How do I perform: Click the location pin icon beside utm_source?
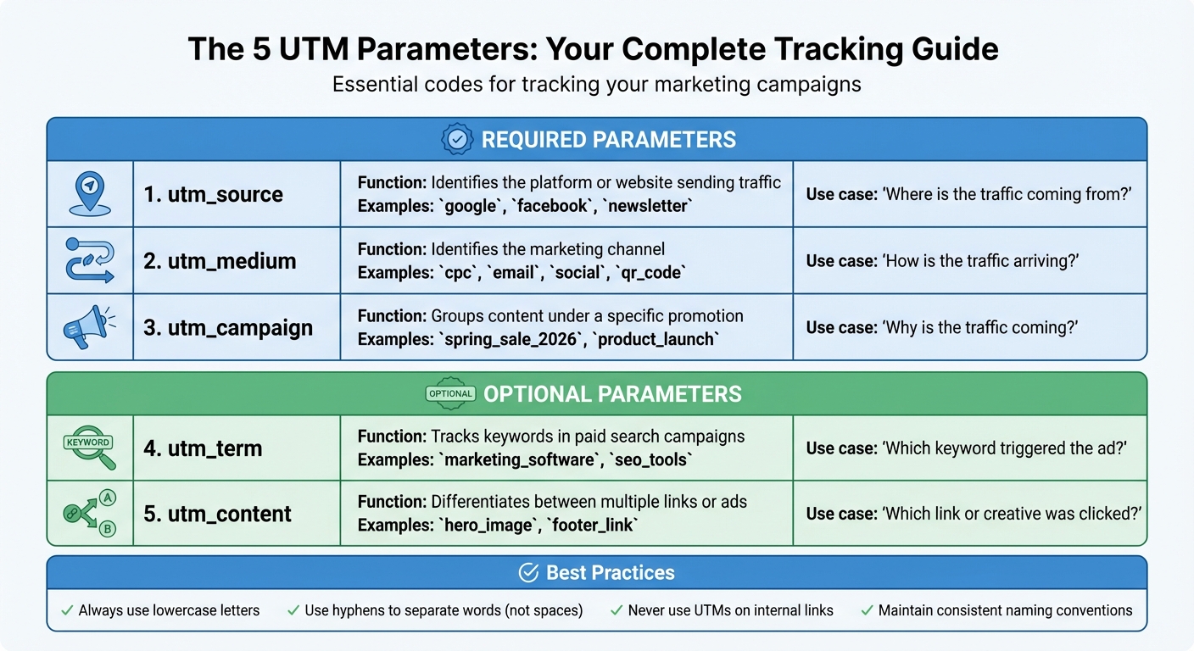(89, 194)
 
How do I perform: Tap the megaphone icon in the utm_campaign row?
(89, 327)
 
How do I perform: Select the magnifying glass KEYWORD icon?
(89, 447)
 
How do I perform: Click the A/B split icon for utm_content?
(89, 514)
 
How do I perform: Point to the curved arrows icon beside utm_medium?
(89, 260)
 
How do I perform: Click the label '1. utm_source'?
(213, 194)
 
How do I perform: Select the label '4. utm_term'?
(203, 448)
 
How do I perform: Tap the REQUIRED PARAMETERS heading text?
(609, 140)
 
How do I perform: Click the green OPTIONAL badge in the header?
(450, 393)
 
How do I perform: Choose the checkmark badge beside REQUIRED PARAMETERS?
(458, 140)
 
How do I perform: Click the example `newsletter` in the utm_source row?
(647, 206)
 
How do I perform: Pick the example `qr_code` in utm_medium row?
(652, 273)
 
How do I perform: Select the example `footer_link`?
(593, 526)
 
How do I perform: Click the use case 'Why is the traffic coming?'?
(941, 328)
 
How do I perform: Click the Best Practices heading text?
(610, 573)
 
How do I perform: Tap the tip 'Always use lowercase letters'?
(169, 610)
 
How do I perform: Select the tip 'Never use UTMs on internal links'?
(730, 610)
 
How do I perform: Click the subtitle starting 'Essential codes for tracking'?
(596, 85)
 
